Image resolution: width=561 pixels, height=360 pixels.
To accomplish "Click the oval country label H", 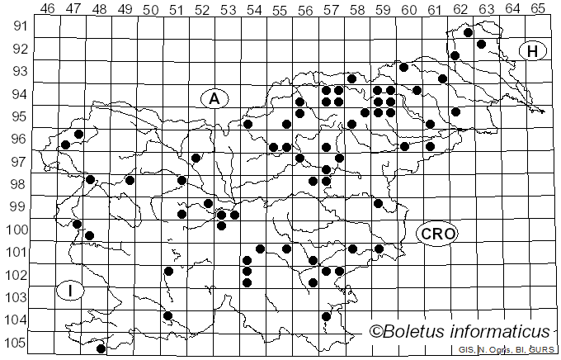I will [x=533, y=51].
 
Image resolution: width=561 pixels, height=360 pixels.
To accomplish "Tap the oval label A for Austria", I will [x=214, y=99].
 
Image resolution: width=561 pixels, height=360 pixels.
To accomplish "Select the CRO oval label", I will [x=437, y=234].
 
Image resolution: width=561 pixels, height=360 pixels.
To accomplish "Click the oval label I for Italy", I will [x=72, y=291].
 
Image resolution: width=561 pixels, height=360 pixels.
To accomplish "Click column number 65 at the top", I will [x=537, y=9].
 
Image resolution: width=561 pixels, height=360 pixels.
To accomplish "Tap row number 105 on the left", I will [x=18, y=343].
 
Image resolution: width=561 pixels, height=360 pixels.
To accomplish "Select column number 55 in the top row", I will [x=280, y=9].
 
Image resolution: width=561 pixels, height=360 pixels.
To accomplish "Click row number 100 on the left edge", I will [x=18, y=229].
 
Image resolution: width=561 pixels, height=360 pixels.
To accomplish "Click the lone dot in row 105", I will [x=101, y=348].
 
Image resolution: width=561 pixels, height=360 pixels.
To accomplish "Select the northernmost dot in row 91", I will [x=468, y=33].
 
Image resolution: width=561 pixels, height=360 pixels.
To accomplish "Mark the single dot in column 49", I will [x=130, y=180].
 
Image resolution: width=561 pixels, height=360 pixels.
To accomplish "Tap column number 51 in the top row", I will [x=177, y=9].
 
